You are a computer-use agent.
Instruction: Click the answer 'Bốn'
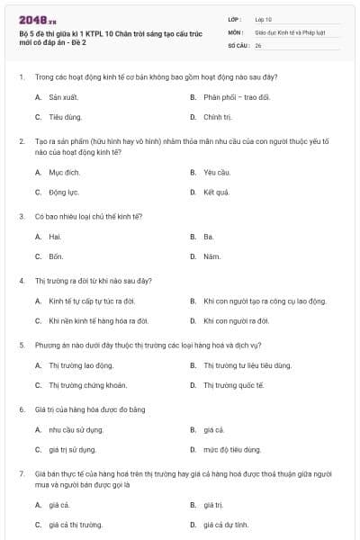click(x=56, y=256)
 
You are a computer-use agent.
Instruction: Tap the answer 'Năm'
click(x=211, y=256)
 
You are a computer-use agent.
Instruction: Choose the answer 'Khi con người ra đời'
click(x=237, y=320)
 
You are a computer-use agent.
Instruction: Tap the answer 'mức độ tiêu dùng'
click(x=233, y=449)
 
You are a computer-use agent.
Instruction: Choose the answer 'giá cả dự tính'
click(x=226, y=524)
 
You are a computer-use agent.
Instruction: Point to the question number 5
click(x=21, y=345)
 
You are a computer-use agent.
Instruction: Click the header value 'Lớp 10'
click(x=264, y=18)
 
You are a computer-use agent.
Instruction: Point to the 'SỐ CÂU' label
click(x=238, y=44)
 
